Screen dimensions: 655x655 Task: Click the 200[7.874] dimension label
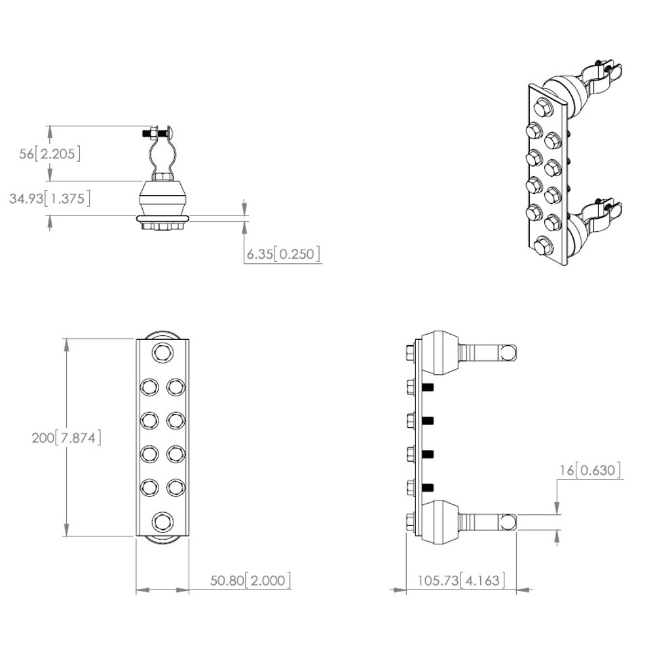pyautogui.click(x=66, y=438)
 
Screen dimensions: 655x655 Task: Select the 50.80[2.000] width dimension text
pyautogui.click(x=250, y=580)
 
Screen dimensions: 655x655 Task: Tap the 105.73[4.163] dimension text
pyautogui.click(x=461, y=580)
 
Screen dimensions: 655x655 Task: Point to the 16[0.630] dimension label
pyautogui.click(x=590, y=470)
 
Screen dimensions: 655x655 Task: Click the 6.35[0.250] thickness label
pyautogui.click(x=284, y=254)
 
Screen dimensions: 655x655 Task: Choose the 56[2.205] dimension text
pyautogui.click(x=50, y=154)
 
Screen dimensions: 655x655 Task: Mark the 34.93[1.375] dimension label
pyautogui.click(x=50, y=198)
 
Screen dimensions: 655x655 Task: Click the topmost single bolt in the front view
pyautogui.click(x=162, y=353)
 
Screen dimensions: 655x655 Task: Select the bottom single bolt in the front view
pyautogui.click(x=162, y=522)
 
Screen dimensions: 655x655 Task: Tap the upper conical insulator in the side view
pyautogui.click(x=440, y=352)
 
